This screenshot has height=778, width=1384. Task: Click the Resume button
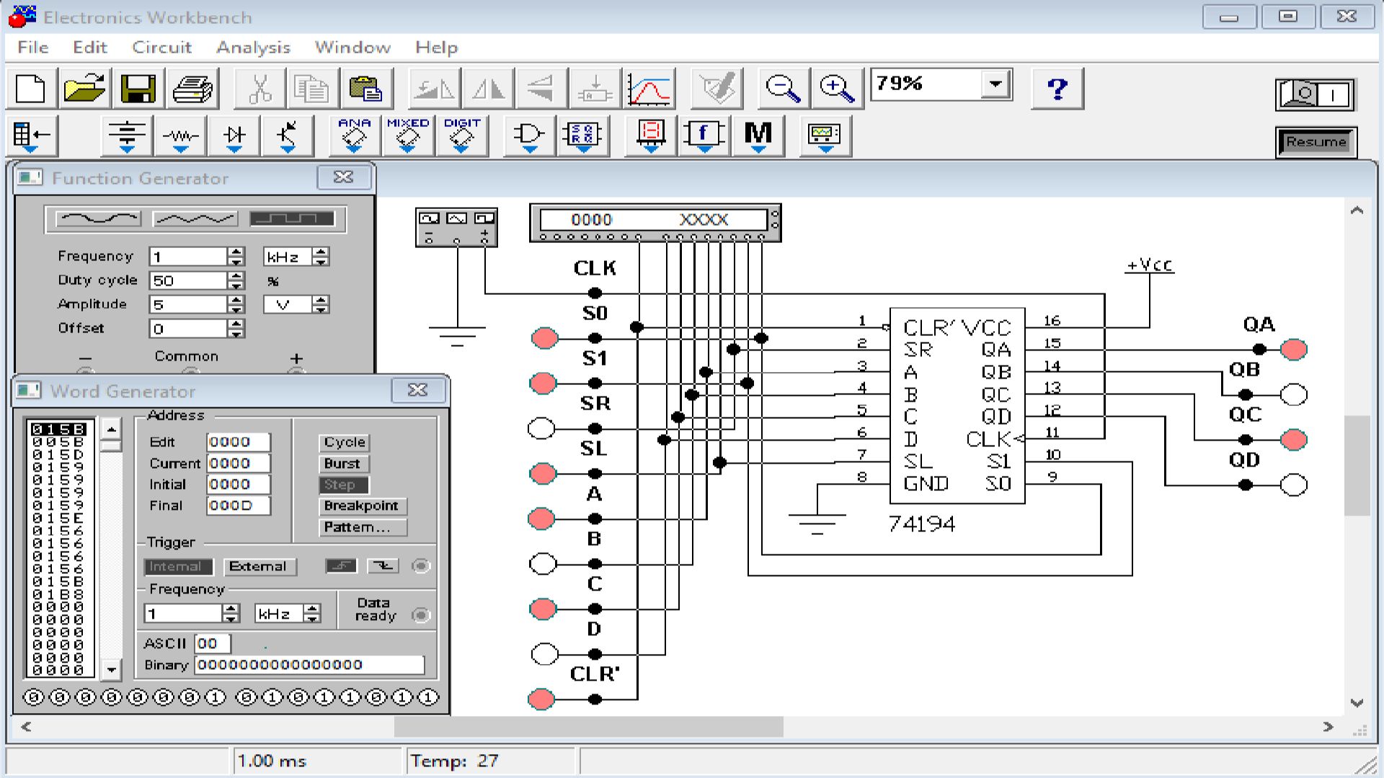click(1316, 142)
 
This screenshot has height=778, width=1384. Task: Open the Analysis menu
click(253, 48)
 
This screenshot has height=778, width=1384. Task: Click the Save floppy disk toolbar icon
click(138, 89)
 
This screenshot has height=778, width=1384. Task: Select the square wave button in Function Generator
click(292, 218)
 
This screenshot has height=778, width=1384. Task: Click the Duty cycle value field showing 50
click(187, 280)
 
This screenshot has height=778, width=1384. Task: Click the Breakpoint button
click(361, 506)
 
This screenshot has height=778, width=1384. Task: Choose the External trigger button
click(257, 567)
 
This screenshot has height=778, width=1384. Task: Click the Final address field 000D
click(238, 505)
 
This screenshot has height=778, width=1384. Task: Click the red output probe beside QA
click(1294, 350)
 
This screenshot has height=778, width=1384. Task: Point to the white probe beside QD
click(1294, 485)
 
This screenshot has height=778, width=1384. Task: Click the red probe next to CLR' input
click(542, 699)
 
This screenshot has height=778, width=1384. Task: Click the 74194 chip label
click(921, 523)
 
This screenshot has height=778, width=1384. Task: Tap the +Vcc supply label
click(1150, 265)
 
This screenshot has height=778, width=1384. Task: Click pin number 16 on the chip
click(1052, 321)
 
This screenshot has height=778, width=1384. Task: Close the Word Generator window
click(418, 390)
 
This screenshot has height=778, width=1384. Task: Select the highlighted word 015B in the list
click(59, 429)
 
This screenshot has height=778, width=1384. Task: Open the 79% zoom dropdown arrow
click(995, 84)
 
